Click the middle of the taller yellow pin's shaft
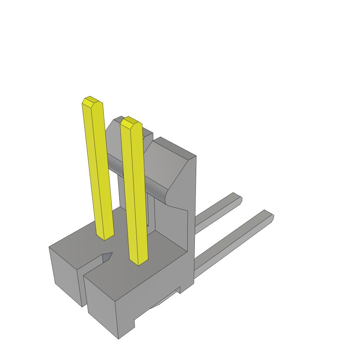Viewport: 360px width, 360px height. click(98, 169)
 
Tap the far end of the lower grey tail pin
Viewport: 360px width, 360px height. click(269, 215)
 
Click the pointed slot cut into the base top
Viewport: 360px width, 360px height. click(106, 257)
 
